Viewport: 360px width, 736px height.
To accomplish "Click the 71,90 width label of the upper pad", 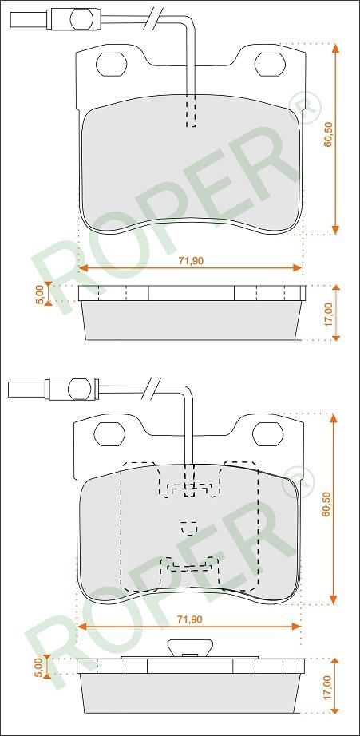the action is (191, 261).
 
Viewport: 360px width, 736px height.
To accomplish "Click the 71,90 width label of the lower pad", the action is (190, 619).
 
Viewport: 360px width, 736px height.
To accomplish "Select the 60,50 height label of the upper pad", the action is (329, 134).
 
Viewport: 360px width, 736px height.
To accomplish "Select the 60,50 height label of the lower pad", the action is (327, 504).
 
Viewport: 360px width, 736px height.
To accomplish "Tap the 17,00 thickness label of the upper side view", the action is (329, 315).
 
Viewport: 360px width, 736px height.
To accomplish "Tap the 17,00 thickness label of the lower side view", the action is (327, 687).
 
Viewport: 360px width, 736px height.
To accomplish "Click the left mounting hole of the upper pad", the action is (111, 63).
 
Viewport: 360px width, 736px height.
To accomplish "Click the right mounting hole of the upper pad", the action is (270, 63).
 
